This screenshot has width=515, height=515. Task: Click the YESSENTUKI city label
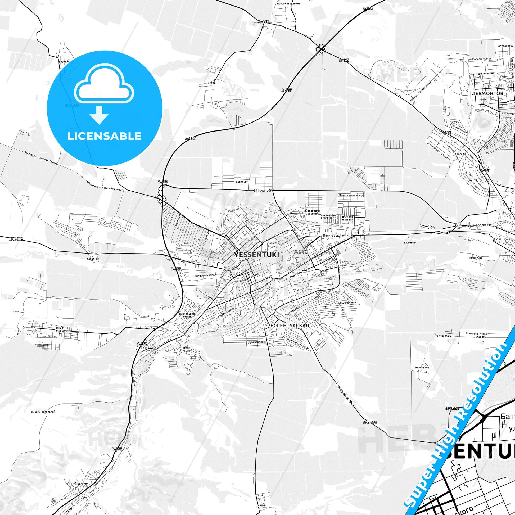(257, 255)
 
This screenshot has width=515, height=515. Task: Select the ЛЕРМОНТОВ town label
(487, 94)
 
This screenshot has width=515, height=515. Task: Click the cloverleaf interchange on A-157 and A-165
(320, 49)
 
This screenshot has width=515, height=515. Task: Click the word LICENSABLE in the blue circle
(105, 136)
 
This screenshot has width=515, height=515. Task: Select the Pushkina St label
(255, 236)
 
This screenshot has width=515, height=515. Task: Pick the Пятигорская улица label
(337, 236)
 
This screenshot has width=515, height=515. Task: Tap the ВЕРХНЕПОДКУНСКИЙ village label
(43, 412)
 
